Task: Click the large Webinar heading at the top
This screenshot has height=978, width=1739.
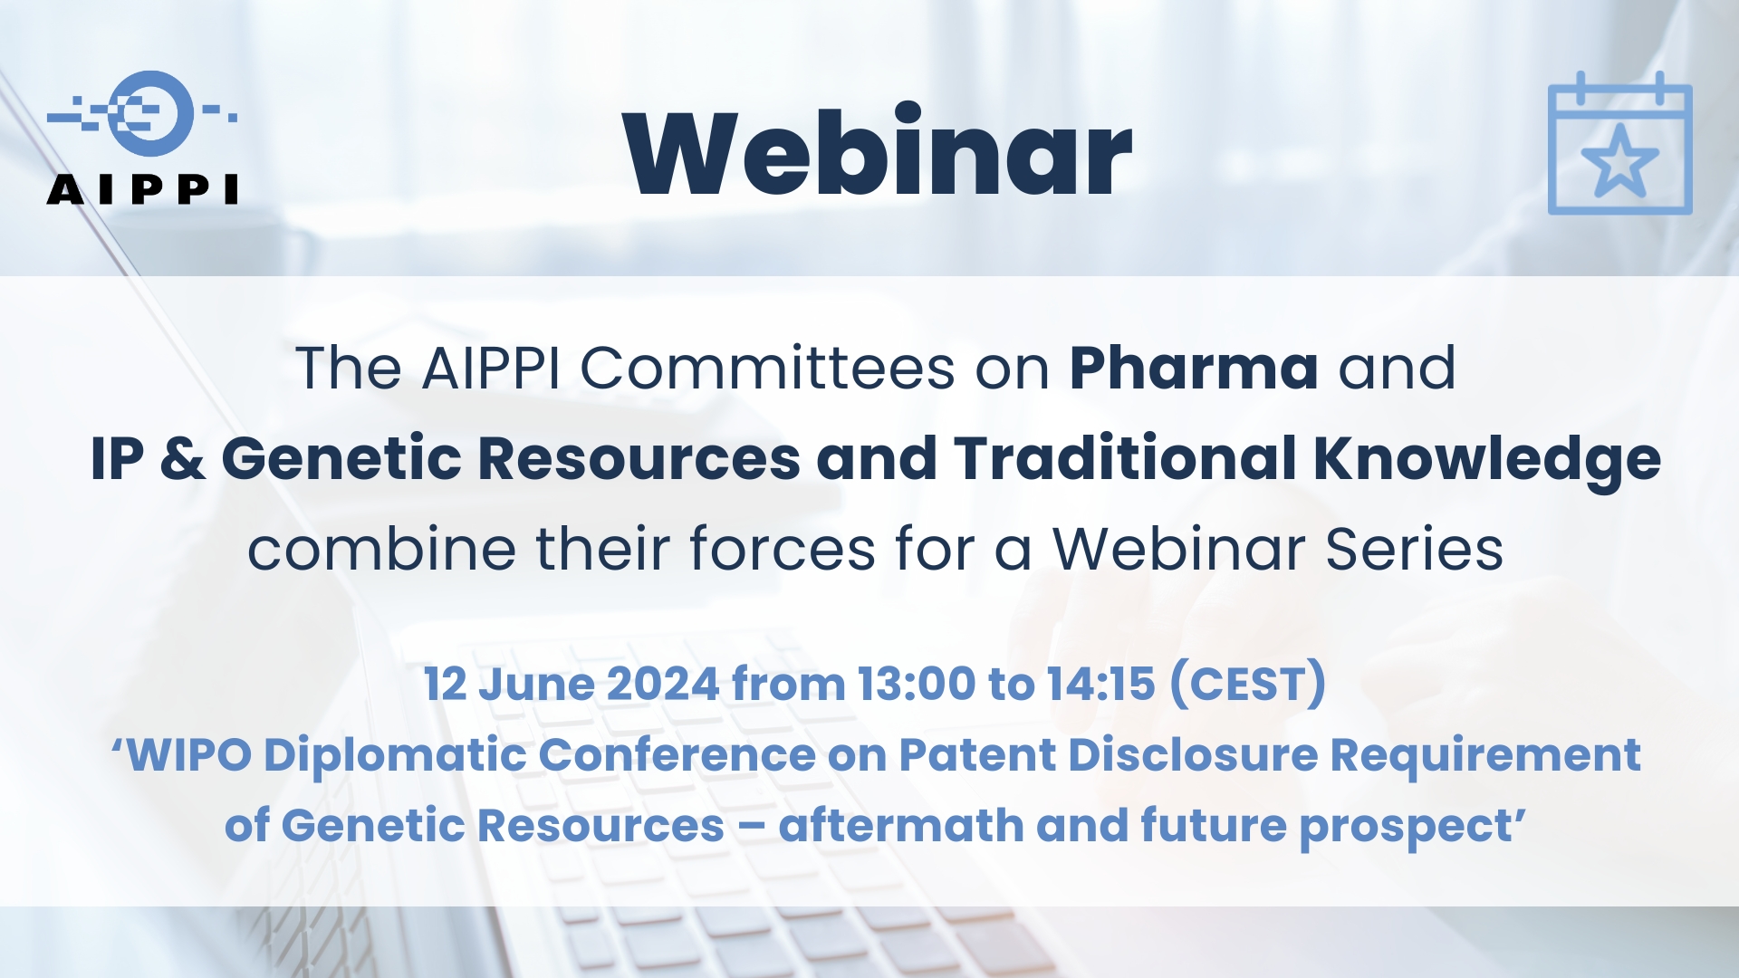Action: (877, 152)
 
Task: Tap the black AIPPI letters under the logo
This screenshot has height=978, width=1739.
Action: (142, 189)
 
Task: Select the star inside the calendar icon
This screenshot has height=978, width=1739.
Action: (1619, 162)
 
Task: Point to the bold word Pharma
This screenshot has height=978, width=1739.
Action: (1194, 369)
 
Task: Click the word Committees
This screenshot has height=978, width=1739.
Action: (767, 369)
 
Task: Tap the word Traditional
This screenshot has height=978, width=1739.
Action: (1126, 458)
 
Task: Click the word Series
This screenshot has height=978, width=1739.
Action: (1414, 549)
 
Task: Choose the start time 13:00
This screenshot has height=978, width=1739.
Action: (917, 684)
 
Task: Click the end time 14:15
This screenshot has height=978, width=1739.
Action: (1100, 684)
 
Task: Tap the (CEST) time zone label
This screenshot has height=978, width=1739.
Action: (1248, 684)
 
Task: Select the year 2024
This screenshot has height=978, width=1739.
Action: (662, 684)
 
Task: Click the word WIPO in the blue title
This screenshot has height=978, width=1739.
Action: (188, 755)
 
